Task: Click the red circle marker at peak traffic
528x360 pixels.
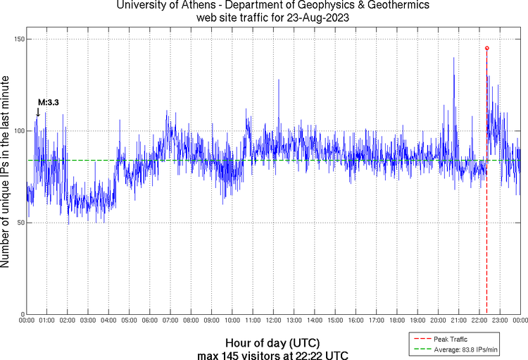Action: pos(486,48)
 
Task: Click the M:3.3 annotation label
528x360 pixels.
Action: pos(48,102)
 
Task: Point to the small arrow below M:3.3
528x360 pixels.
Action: pos(38,111)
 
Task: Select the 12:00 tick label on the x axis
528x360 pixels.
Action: pos(273,321)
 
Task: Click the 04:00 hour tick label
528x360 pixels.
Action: pos(108,321)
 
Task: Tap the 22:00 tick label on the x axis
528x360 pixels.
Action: pos(479,321)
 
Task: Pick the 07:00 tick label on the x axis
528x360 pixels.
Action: pos(170,321)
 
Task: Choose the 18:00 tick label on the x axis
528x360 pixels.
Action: pos(397,321)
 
